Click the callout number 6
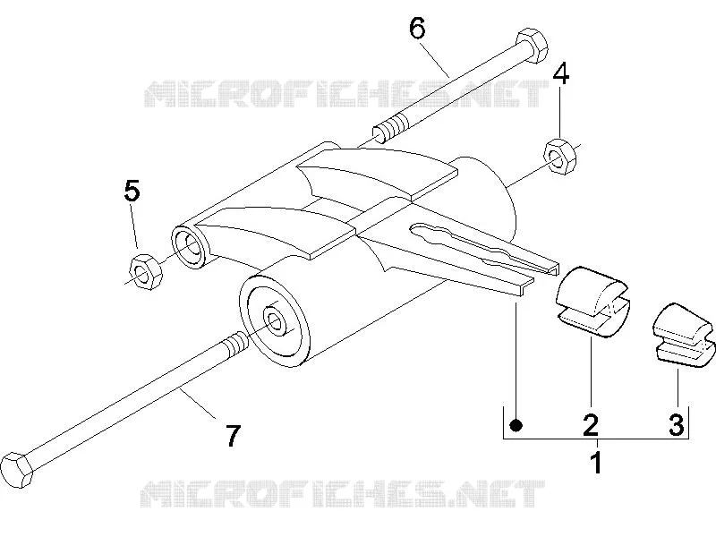[x=417, y=29]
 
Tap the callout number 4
[x=561, y=73]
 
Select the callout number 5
[x=132, y=191]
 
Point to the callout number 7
[x=233, y=436]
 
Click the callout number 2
[x=591, y=424]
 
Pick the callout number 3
[x=677, y=424]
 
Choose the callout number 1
[x=596, y=462]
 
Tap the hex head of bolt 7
[x=17, y=470]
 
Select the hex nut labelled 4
[x=560, y=157]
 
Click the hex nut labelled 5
[x=146, y=271]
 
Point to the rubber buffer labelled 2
[x=592, y=302]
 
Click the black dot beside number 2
[x=516, y=425]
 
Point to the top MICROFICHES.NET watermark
[x=346, y=94]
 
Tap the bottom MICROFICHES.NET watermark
[x=343, y=493]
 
